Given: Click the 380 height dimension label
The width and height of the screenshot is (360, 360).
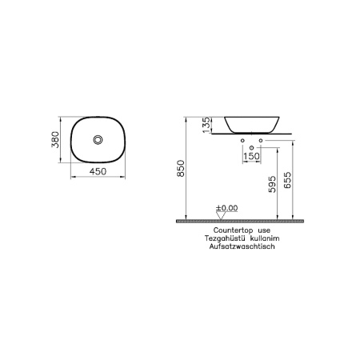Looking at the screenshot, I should click(56, 141).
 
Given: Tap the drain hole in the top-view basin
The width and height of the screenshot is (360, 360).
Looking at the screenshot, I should click(98, 141).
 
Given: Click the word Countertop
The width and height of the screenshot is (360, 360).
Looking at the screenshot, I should click(225, 229).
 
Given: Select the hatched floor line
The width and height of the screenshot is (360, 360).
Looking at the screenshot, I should click(240, 220).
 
